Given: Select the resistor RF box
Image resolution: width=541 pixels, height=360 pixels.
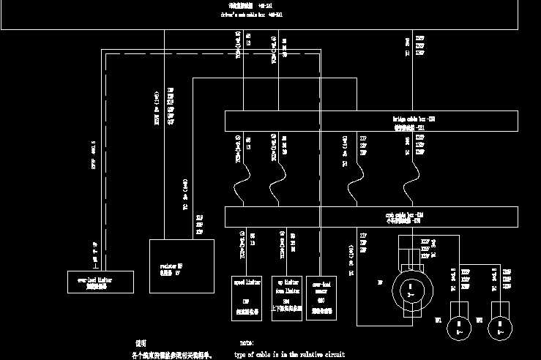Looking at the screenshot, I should click(182, 266).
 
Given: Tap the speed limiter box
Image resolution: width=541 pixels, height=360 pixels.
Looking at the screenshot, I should click(246, 295).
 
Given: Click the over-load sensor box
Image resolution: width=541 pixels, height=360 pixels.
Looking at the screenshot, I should click(323, 295).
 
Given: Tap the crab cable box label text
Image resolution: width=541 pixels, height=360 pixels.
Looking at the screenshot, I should click(405, 217).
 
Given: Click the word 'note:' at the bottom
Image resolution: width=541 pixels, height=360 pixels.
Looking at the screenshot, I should click(247, 342).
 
